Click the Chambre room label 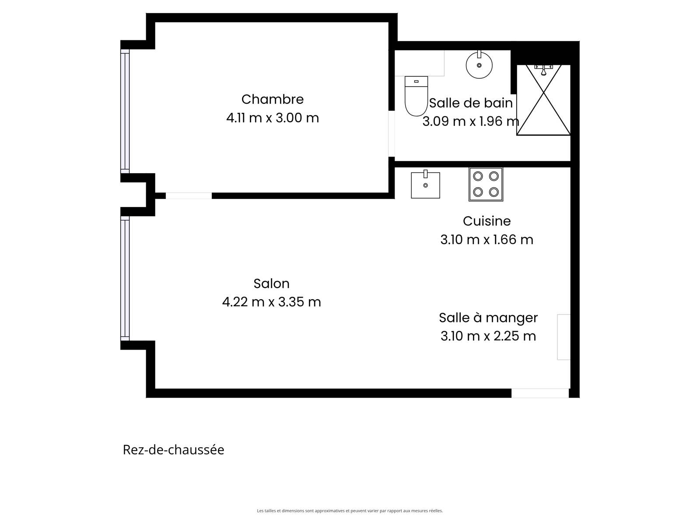tap(273, 99)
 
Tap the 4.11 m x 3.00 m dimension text tap(273, 118)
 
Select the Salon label tap(271, 283)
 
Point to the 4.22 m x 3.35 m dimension tap(271, 302)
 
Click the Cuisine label tap(486, 221)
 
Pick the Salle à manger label tap(488, 318)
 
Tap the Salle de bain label tap(471, 103)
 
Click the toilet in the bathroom tap(416, 96)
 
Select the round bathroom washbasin tap(479, 65)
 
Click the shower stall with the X tap(543, 100)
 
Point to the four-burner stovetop tap(486, 184)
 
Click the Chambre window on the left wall tap(125, 111)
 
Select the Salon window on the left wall tap(125, 279)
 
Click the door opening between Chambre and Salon tap(189, 196)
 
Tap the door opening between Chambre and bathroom tap(391, 133)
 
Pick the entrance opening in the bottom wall tap(540, 393)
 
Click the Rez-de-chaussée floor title tap(174, 450)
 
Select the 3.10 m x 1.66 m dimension tap(486, 240)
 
